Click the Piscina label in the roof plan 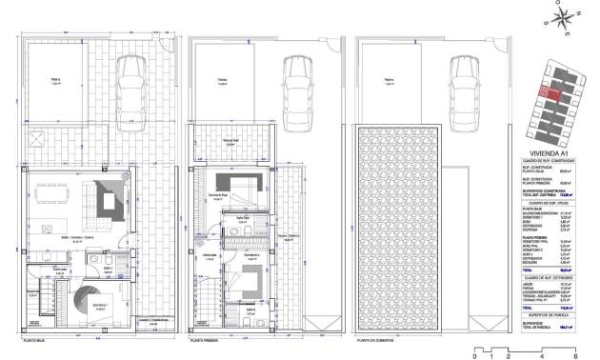click(388, 81)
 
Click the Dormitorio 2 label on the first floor click(250, 255)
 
